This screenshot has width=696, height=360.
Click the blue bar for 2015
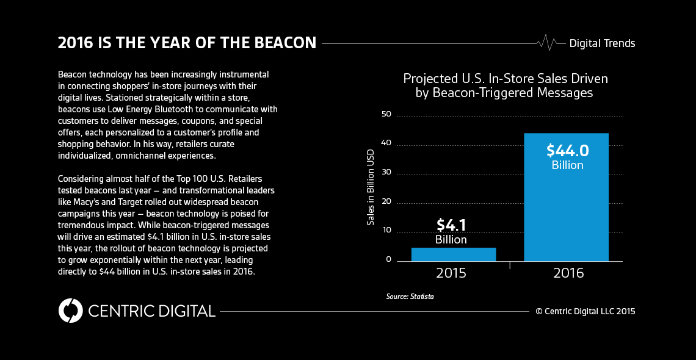(x=453, y=254)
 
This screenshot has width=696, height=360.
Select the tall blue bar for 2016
(x=566, y=201)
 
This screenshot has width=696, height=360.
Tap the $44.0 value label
(x=567, y=151)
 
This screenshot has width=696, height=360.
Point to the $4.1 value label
(x=451, y=225)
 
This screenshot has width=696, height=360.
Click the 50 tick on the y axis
(x=385, y=115)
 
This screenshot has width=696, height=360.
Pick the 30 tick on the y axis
(x=385, y=173)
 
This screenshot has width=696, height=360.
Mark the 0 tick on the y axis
(x=388, y=260)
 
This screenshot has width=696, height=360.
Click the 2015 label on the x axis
(x=451, y=273)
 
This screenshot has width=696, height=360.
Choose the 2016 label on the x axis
(x=568, y=273)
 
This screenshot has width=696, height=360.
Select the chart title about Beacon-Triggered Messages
(x=505, y=86)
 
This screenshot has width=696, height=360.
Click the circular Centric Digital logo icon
(x=70, y=311)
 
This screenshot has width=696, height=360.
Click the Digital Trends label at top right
(x=602, y=43)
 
